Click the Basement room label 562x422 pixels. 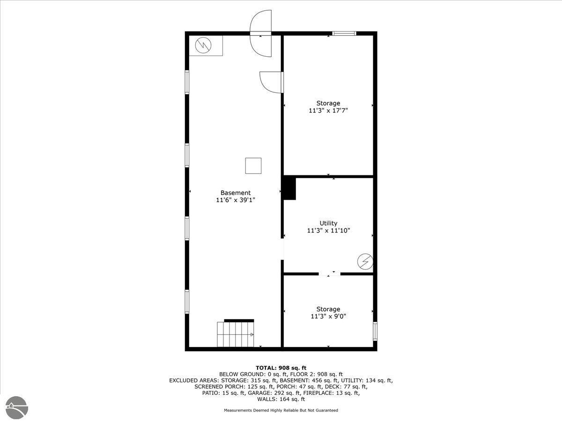236,193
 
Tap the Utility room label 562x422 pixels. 328,223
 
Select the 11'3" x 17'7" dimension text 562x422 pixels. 328,111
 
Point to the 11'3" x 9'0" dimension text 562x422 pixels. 328,316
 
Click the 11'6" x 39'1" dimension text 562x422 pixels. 236,200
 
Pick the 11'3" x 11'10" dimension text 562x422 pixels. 328,230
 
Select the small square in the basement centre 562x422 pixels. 253,166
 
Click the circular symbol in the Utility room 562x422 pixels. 365,262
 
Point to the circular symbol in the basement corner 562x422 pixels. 203,45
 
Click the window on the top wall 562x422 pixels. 344,33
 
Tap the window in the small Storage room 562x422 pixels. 375,331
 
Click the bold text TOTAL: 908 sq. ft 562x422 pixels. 281,368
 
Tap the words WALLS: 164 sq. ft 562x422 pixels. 281,399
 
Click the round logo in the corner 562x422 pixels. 17,407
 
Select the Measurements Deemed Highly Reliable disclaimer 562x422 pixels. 281,410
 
